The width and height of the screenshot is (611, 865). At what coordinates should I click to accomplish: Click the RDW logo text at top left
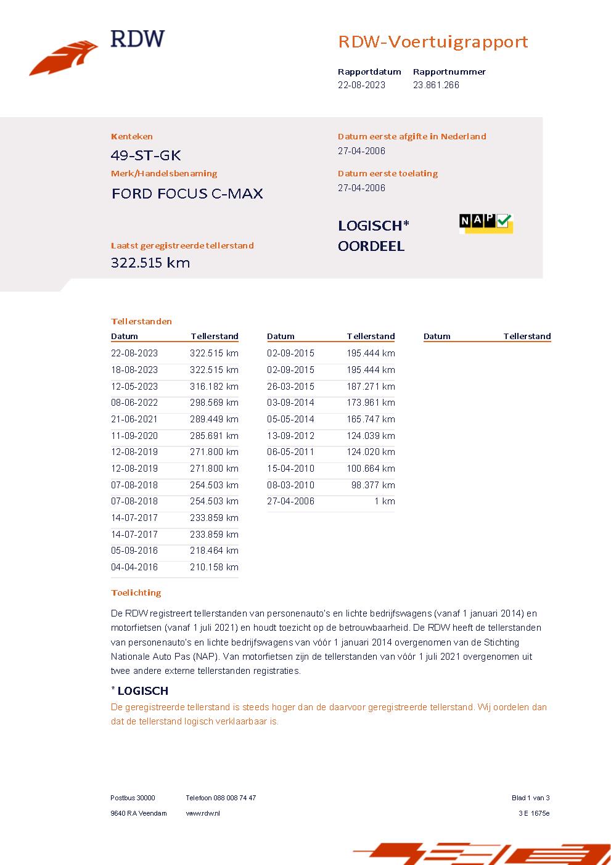click(x=137, y=39)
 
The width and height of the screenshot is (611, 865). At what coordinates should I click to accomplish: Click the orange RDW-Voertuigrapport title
click(x=433, y=42)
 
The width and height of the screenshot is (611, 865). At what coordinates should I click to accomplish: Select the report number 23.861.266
click(x=436, y=85)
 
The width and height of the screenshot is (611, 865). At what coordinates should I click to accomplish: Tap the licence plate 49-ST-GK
click(x=146, y=155)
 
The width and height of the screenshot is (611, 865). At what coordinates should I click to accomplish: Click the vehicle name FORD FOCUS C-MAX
click(x=187, y=194)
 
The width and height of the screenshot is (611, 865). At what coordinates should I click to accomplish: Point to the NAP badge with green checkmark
click(x=486, y=223)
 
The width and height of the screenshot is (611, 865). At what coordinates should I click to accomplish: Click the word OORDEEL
click(x=371, y=246)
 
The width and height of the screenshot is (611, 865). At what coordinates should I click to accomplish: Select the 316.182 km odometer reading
click(x=214, y=387)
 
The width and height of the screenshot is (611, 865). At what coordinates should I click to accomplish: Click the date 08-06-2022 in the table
click(x=134, y=403)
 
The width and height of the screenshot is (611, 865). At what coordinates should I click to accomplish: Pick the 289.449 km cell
click(x=214, y=419)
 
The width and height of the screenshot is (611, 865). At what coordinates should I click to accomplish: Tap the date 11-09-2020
click(x=134, y=436)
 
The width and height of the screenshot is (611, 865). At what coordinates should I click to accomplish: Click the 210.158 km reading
click(x=214, y=567)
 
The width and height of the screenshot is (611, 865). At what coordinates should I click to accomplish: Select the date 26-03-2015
click(x=290, y=387)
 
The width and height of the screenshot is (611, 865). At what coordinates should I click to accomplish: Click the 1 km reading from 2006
click(x=385, y=501)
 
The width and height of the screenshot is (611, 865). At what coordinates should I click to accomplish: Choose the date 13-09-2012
click(x=290, y=436)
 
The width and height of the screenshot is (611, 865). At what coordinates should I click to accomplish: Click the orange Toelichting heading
click(x=136, y=592)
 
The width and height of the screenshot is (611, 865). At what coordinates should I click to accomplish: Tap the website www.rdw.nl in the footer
click(x=203, y=813)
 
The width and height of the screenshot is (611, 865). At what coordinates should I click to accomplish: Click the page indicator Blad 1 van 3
click(x=530, y=798)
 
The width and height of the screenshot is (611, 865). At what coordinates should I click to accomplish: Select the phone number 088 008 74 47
click(x=236, y=798)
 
